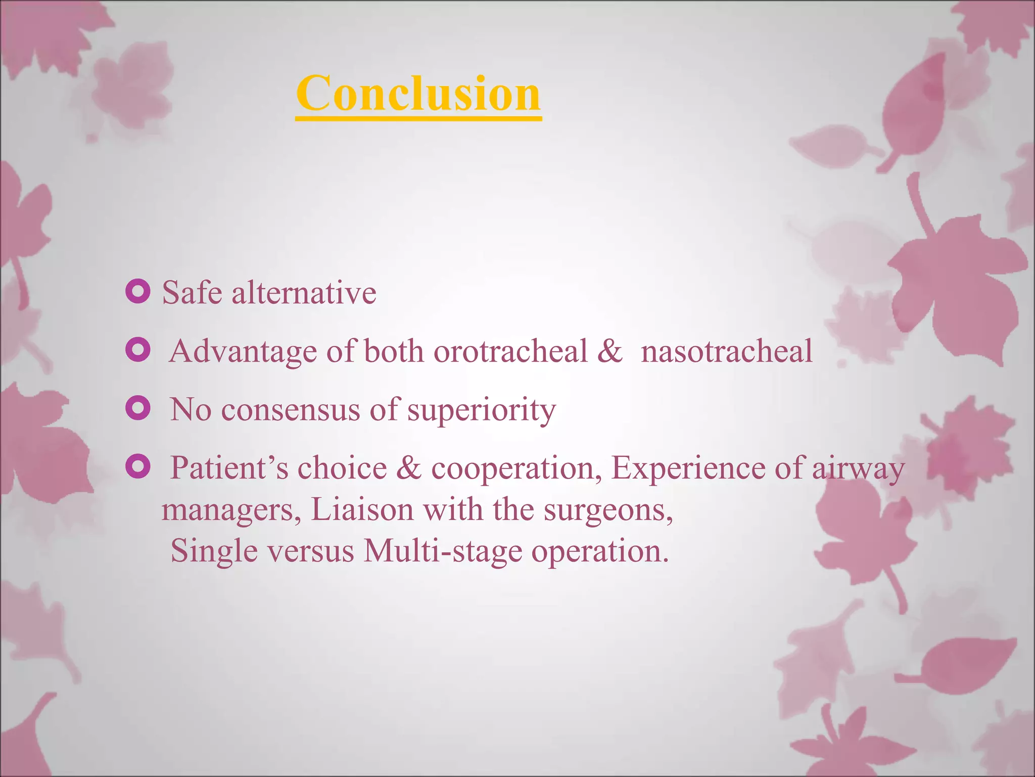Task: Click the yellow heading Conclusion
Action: [x=418, y=94]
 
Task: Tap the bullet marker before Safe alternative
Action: [x=137, y=291]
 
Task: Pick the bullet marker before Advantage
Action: [x=137, y=350]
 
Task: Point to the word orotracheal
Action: [x=510, y=351]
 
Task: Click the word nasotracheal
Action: [x=726, y=351]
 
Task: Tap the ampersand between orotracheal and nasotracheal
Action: [x=609, y=351]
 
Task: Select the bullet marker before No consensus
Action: [x=137, y=408]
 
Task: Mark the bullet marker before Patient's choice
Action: [x=137, y=466]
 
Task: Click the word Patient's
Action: [x=229, y=468]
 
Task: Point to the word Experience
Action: [x=688, y=468]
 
